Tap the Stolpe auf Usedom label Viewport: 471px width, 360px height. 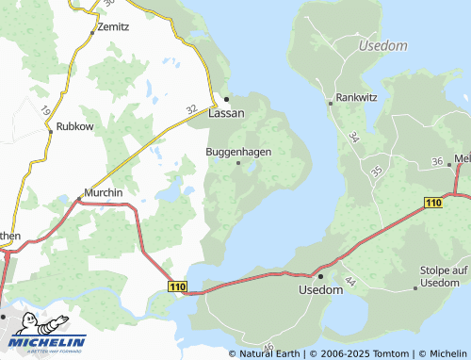coord(445,277)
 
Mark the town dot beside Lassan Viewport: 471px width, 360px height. coord(226,98)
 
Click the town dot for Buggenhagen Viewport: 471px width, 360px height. coord(238,163)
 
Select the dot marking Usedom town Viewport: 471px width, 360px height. coord(319,276)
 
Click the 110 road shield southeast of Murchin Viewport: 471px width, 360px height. coord(176,286)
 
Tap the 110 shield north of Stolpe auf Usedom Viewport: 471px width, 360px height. coord(433,203)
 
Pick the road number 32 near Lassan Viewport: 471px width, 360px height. coord(191,110)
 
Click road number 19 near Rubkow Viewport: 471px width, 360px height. coord(45,111)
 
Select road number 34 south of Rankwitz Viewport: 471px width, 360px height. coord(353,138)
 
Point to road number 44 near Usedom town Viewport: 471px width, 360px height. coord(349,282)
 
